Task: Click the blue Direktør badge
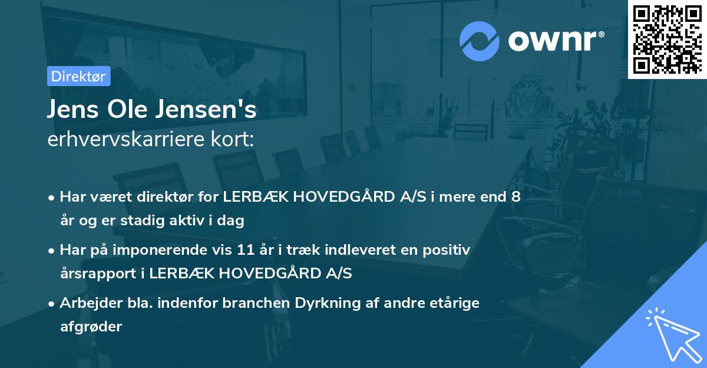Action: [x=79, y=76]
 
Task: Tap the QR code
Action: [x=667, y=40]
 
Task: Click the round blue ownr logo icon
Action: [x=479, y=41]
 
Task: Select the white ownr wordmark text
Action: [x=556, y=41]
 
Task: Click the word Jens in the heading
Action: [x=73, y=109]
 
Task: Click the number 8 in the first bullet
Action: [x=516, y=196]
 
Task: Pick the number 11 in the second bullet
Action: [x=246, y=249]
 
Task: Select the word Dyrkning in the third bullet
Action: [x=328, y=303]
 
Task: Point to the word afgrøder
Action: [x=91, y=327]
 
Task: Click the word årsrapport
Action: [x=98, y=274]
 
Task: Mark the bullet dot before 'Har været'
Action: [x=51, y=198]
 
